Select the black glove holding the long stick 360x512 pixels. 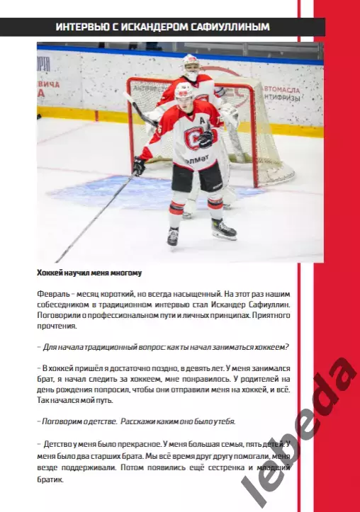[x=139, y=166]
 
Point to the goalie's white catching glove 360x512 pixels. [x=228, y=113]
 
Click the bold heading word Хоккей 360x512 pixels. [x=52, y=273]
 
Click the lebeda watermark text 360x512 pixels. [x=298, y=432]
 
